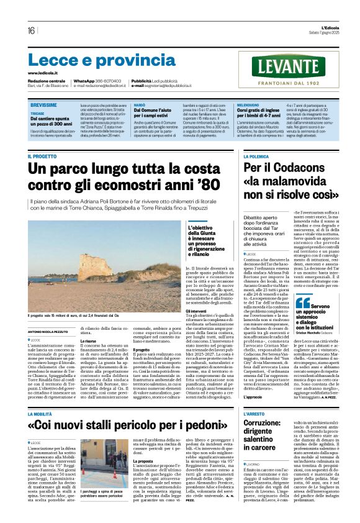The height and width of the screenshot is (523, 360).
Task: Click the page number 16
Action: click(30, 31)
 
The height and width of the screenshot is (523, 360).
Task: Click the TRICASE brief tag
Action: click(37, 114)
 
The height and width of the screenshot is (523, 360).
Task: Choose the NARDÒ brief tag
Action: click(140, 106)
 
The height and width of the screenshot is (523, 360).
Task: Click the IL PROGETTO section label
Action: click(42, 157)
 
